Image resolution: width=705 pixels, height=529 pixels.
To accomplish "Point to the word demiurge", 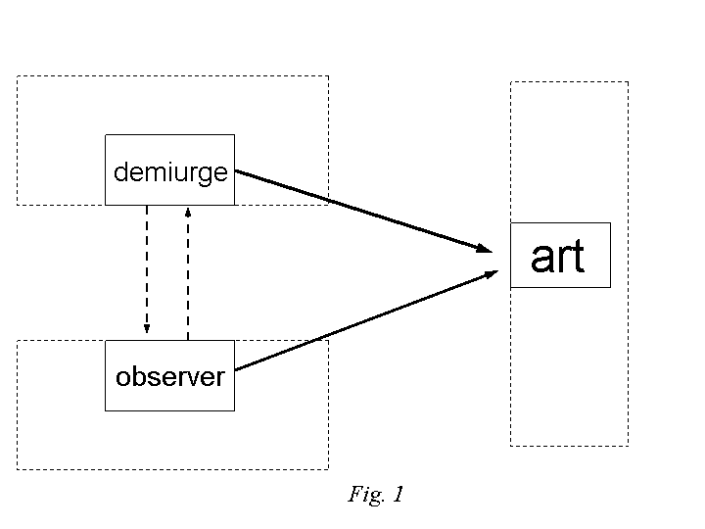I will point(170,173).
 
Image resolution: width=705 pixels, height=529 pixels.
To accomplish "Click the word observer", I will point(170,376).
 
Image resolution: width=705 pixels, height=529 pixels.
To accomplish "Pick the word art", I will point(557,257).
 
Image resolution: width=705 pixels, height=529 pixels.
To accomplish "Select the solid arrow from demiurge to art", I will point(362,211).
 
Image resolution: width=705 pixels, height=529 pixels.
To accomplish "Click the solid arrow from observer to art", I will point(362,322).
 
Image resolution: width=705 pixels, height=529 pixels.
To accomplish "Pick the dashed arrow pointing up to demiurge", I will point(188,274).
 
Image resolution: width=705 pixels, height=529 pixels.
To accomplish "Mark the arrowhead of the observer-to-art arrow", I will point(492,273).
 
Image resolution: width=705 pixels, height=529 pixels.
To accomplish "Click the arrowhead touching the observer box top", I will point(147,329).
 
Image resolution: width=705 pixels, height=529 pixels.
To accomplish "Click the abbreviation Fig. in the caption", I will point(365,496).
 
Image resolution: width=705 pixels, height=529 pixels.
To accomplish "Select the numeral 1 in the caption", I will point(398,495).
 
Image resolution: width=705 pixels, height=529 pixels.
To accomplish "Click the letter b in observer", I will point(136,375).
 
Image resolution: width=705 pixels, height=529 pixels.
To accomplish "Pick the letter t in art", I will point(578,257).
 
